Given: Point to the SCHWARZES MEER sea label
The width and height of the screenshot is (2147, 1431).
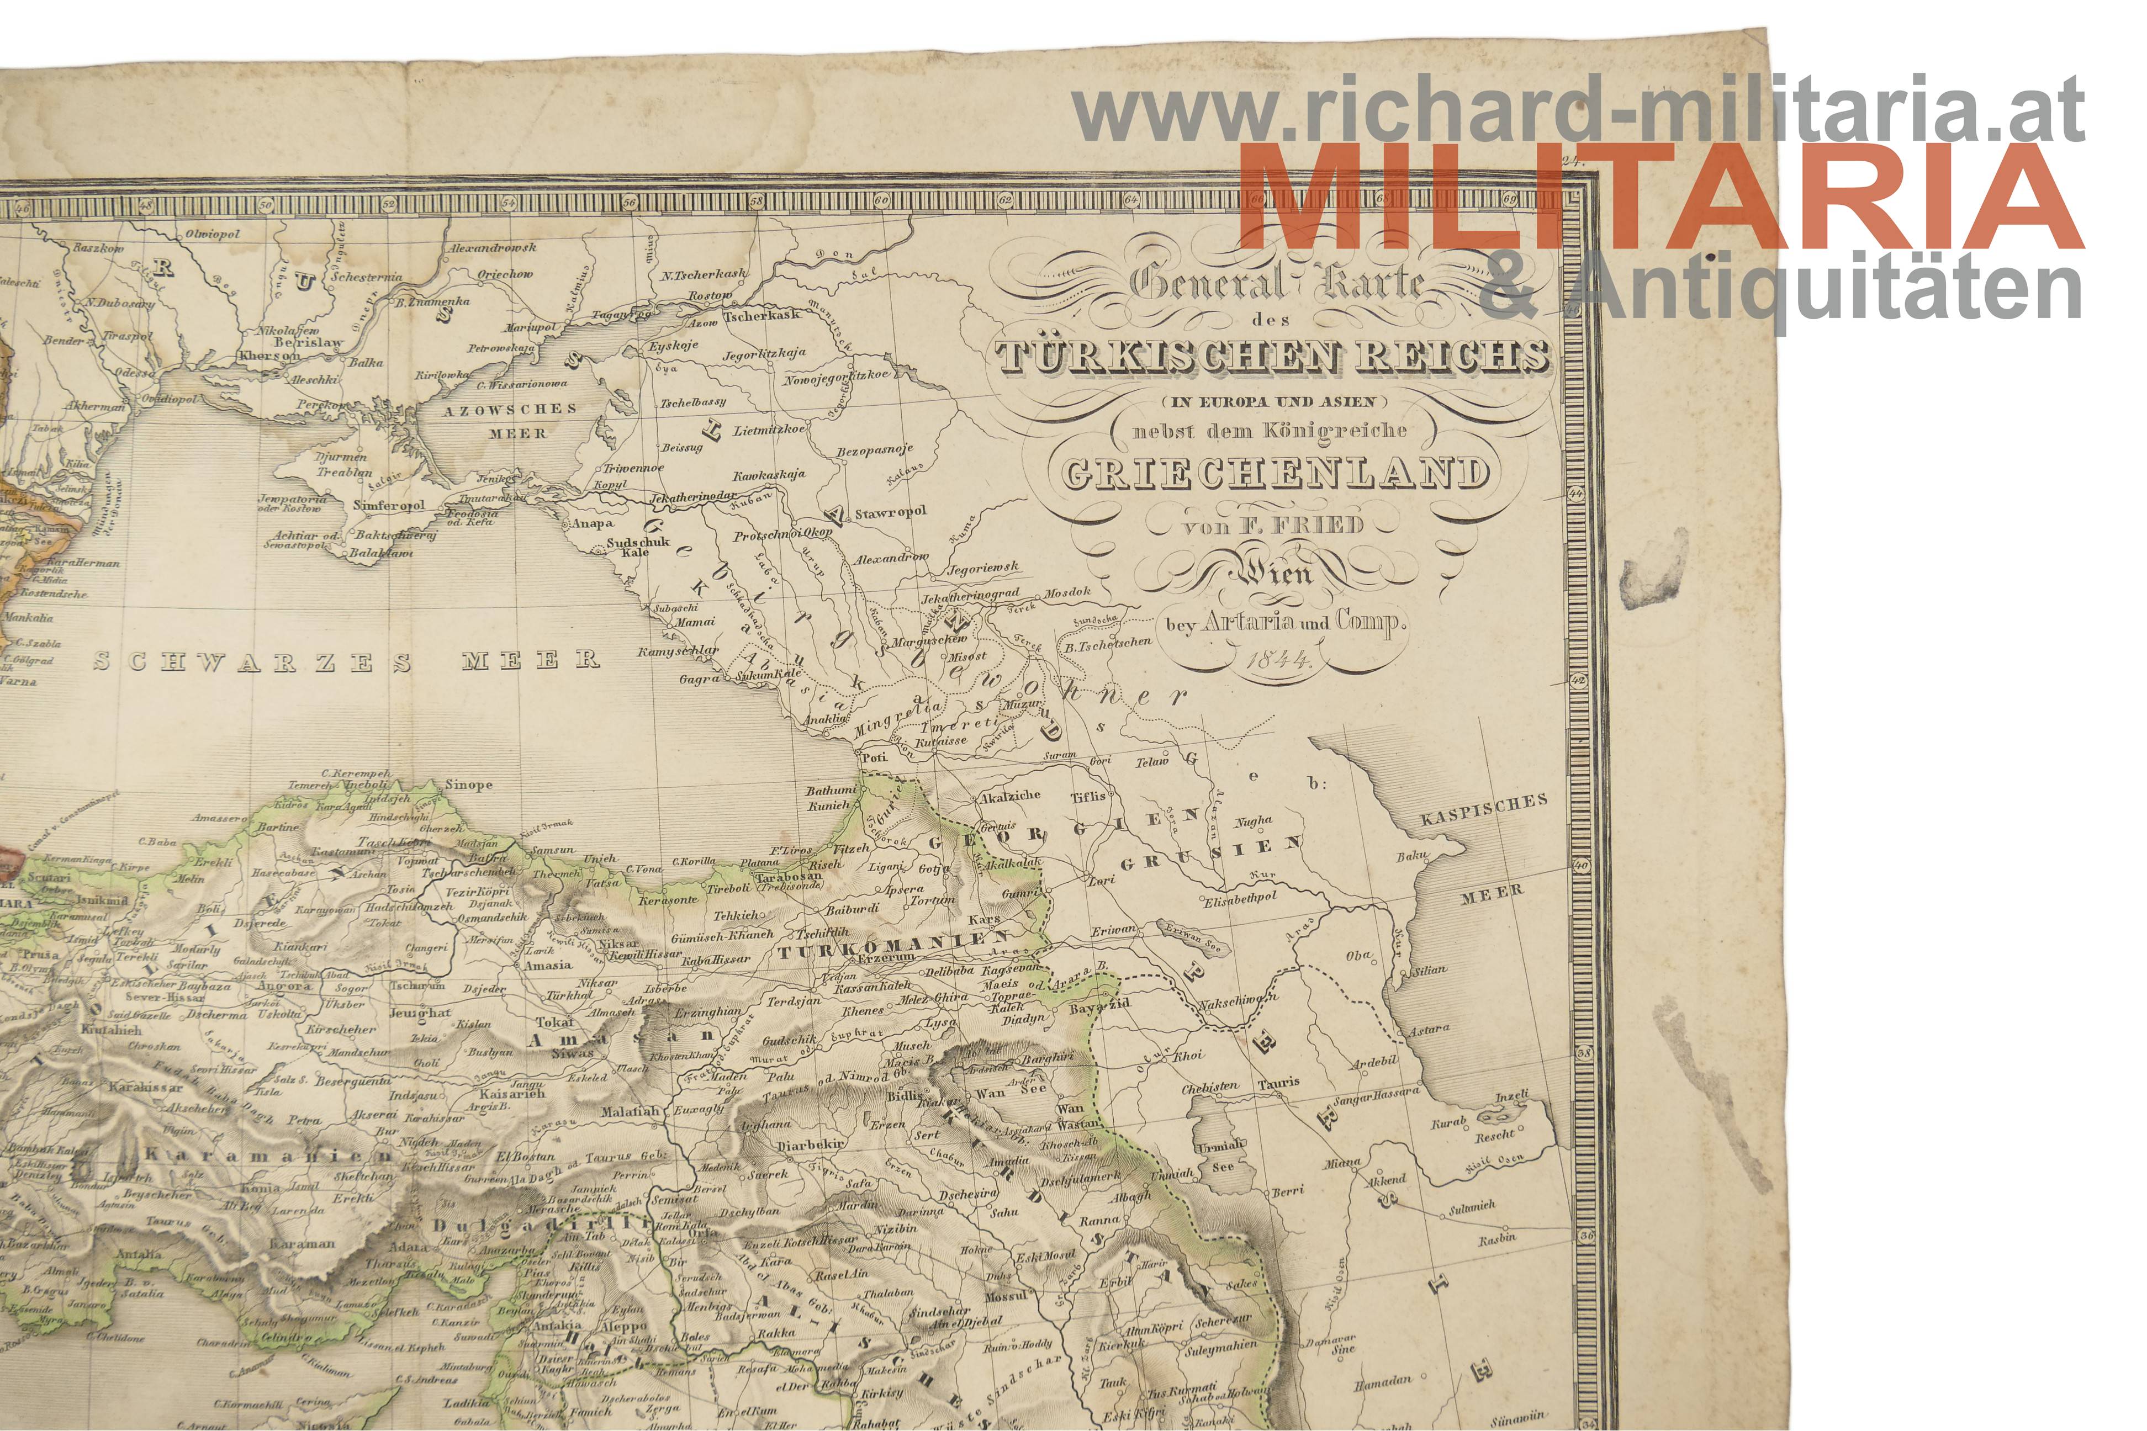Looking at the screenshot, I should [347, 661].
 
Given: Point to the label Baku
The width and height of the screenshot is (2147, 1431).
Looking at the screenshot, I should [1412, 856].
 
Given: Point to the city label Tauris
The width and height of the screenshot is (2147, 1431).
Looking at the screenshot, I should [1278, 1083].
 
